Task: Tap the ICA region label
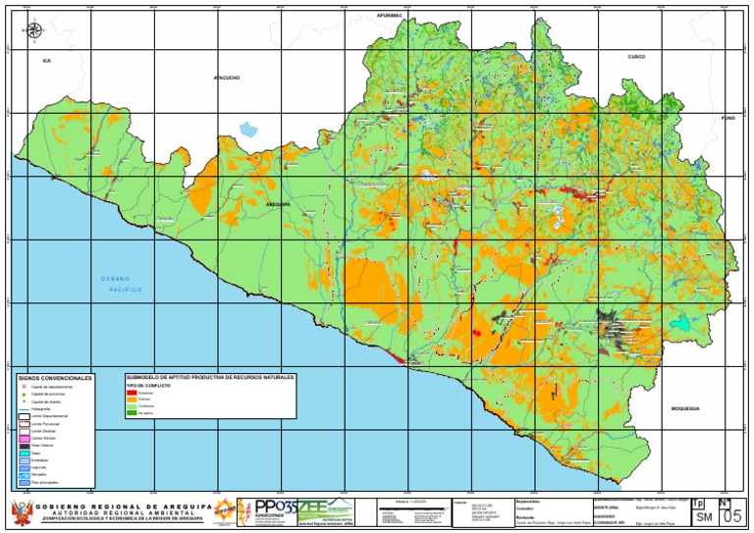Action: (x=45, y=61)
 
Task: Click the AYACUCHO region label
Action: (x=227, y=76)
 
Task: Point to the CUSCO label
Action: (x=636, y=57)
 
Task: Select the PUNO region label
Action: (x=727, y=118)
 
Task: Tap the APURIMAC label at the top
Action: (x=391, y=17)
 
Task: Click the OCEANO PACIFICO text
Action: (x=122, y=285)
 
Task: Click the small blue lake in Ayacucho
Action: (x=248, y=129)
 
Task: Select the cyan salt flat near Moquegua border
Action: (x=678, y=323)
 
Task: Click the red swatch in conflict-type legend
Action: (x=132, y=393)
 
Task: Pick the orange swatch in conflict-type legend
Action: (x=132, y=400)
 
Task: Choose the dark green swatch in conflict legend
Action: (x=132, y=413)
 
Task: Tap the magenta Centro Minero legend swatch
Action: (x=24, y=438)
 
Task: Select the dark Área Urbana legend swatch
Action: (x=24, y=445)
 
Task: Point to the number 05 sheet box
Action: (x=732, y=515)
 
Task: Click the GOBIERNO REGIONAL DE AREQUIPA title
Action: (x=123, y=506)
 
